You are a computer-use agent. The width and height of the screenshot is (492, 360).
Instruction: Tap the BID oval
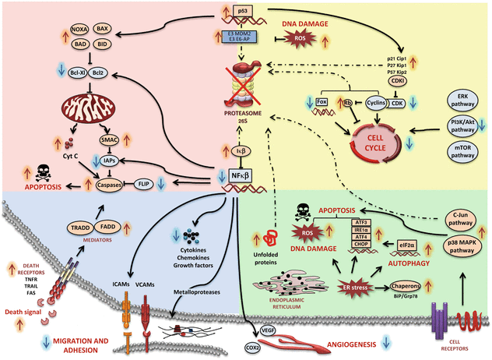(101, 47)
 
